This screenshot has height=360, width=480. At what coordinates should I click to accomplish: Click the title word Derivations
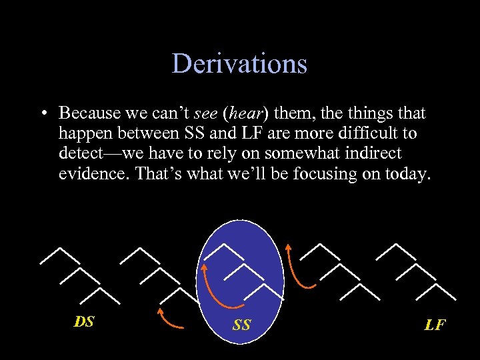239,64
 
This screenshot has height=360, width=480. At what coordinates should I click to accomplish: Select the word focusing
310,174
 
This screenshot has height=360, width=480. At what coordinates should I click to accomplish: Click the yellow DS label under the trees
84,322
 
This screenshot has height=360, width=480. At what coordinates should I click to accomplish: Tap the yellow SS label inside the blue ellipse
242,325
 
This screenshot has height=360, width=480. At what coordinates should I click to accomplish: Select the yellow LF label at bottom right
435,325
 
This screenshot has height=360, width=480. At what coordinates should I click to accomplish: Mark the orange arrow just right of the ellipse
297,267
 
